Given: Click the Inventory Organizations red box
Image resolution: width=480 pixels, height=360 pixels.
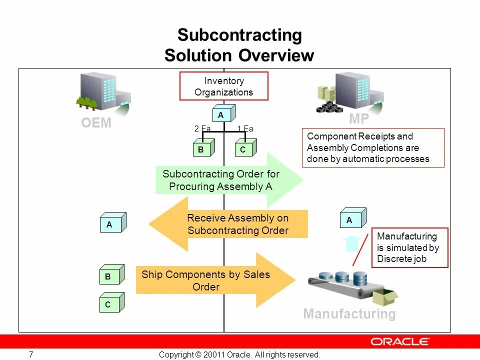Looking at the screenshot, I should tap(224, 86).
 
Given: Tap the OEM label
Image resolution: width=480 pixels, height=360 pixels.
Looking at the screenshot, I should tap(96, 123).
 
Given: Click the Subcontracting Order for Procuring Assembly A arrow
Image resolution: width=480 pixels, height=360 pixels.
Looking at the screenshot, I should tap(228, 180).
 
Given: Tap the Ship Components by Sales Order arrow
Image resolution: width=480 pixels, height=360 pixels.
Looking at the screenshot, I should tap(215, 280).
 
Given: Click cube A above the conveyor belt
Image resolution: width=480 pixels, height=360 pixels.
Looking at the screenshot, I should tap(351, 219).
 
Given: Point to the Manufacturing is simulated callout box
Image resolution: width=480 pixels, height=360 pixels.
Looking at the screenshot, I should tap(409, 248).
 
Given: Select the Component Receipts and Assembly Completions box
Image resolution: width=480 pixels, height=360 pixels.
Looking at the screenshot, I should tap(372, 148).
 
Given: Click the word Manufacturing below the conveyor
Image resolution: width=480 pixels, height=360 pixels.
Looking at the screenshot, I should tap(349, 314).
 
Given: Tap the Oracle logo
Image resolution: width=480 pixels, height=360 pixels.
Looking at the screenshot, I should tap(399, 342).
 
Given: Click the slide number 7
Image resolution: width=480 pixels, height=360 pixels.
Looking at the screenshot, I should tap(31, 354).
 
